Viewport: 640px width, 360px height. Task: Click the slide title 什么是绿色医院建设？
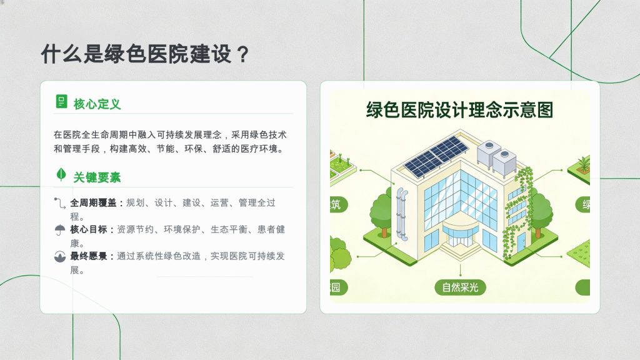coord(145,54)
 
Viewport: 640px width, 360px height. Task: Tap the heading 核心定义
coord(97,104)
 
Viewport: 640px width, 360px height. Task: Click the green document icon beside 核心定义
coord(61,101)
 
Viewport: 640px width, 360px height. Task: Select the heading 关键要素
coord(97,177)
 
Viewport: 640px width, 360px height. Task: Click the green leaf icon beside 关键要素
coord(61,175)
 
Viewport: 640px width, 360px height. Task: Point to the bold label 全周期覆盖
coord(93,203)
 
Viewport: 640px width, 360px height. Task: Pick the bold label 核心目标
coord(89,229)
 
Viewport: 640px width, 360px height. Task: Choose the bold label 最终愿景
coord(89,256)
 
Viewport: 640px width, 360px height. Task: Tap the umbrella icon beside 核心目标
coord(60,230)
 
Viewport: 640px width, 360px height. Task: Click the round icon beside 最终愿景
coord(60,257)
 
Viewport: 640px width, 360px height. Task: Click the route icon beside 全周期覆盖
coord(59,203)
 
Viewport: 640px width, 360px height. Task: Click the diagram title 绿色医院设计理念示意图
coord(459,110)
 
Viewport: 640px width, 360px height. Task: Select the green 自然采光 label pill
coord(460,287)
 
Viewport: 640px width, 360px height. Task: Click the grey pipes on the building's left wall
coord(402,214)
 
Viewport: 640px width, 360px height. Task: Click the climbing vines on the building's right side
coord(517,212)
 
